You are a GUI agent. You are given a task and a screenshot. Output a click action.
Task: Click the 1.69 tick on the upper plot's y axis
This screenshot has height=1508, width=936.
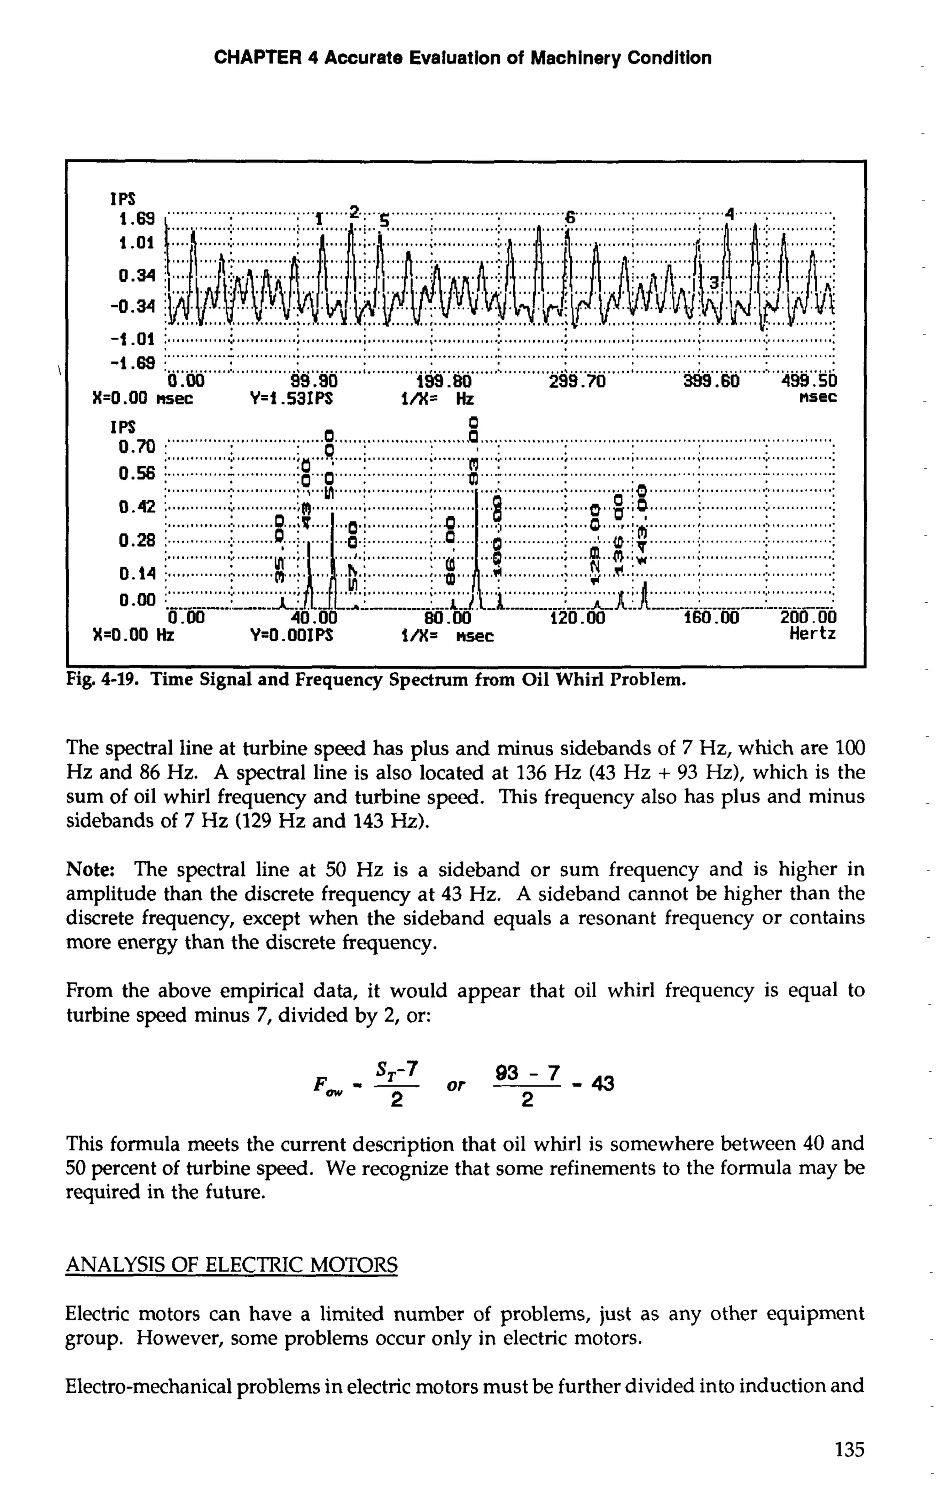(136, 218)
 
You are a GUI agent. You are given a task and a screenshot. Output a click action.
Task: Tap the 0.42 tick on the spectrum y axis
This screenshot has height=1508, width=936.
(136, 507)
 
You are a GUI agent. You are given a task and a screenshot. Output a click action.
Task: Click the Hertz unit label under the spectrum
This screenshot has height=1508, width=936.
(812, 634)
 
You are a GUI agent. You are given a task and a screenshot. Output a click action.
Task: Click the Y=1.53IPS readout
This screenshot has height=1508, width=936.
(292, 398)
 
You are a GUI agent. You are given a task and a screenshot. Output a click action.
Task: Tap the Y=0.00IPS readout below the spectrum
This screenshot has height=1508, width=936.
(292, 635)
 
